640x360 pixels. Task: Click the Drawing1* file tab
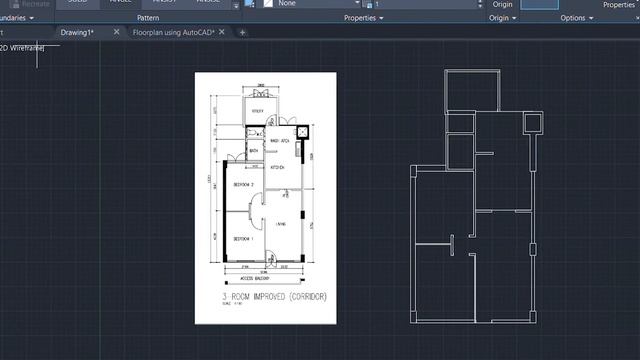[x=75, y=32]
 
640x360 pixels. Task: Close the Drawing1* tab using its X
[x=117, y=32]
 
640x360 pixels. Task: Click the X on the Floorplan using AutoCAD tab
[x=241, y=32]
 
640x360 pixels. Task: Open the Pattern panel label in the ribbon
[x=147, y=18]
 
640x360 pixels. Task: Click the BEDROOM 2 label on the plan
[x=244, y=185]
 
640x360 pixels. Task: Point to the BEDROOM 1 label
[x=244, y=241]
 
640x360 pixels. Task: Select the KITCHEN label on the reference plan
[x=279, y=168]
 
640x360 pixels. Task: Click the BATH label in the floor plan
[x=241, y=150]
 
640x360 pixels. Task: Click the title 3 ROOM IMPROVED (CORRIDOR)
[x=274, y=298]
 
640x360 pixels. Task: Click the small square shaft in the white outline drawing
[x=532, y=122]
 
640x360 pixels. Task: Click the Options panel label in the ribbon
[x=575, y=18]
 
